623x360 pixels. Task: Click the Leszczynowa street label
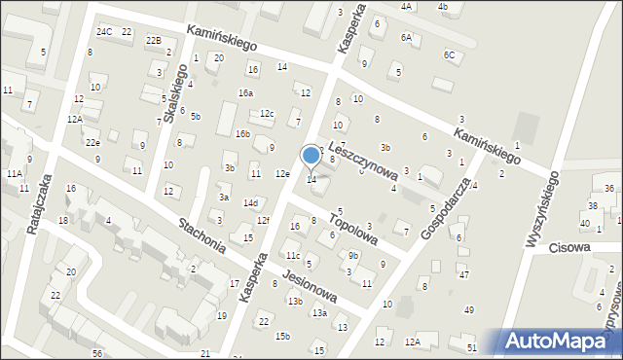pyautogui.click(x=363, y=159)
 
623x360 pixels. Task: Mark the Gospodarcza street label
pyautogui.click(x=446, y=207)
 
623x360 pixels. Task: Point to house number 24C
pyautogui.click(x=103, y=32)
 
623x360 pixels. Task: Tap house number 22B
pyautogui.click(x=153, y=41)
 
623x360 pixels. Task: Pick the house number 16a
pyautogui.click(x=245, y=93)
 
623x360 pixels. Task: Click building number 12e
pyautogui.click(x=281, y=174)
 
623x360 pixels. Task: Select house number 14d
pyautogui.click(x=250, y=203)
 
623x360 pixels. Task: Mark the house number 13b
pyautogui.click(x=294, y=302)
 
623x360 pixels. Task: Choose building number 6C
pyautogui.click(x=449, y=55)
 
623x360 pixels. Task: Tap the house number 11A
pyautogui.click(x=14, y=173)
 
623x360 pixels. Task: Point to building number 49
pyautogui.click(x=468, y=310)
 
